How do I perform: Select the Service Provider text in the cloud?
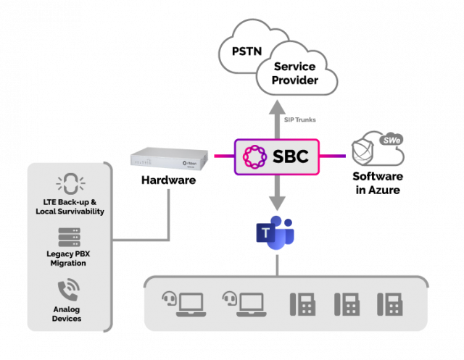pyautogui.click(x=295, y=73)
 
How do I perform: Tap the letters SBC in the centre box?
pyautogui.click(x=291, y=156)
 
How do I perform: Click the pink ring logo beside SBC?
pyautogui.click(x=255, y=156)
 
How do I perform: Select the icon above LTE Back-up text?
pyautogui.click(x=70, y=183)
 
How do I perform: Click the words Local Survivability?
pyautogui.click(x=70, y=211)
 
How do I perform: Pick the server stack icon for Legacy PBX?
pyautogui.click(x=70, y=238)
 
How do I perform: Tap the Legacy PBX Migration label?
pyautogui.click(x=70, y=259)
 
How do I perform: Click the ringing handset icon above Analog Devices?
pyautogui.click(x=70, y=292)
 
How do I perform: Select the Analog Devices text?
pyautogui.click(x=70, y=314)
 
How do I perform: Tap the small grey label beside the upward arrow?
pyautogui.click(x=300, y=120)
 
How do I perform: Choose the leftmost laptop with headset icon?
pyautogui.click(x=182, y=302)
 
